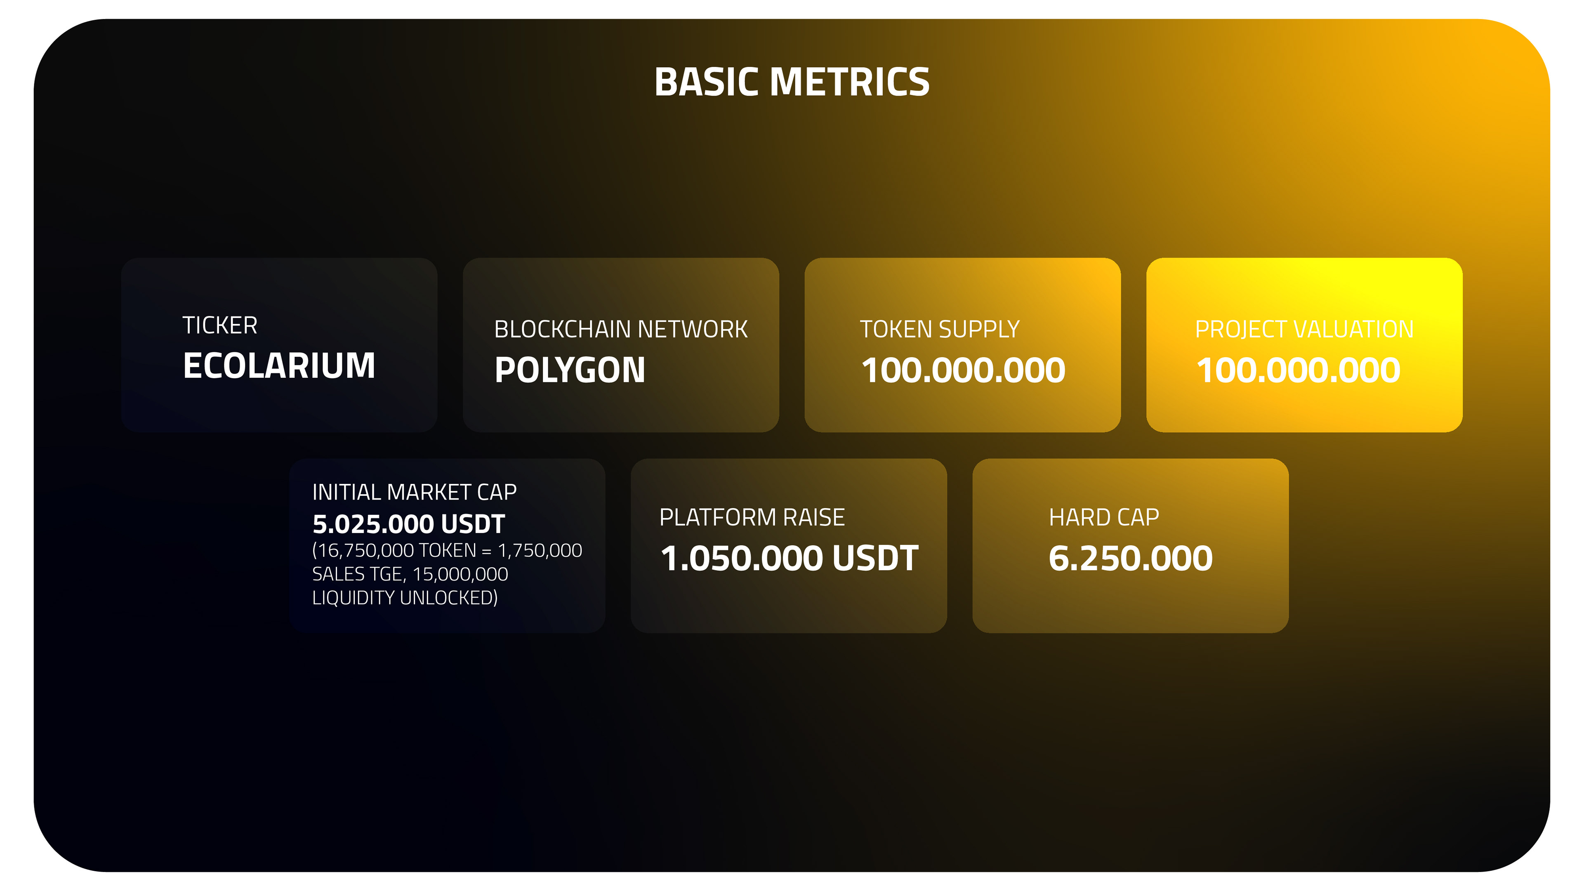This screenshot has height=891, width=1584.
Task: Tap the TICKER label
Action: (219, 325)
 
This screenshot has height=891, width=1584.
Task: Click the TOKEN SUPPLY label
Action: (940, 329)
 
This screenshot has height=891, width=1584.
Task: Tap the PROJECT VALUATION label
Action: (1304, 329)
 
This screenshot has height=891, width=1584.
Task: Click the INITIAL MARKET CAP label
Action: (414, 492)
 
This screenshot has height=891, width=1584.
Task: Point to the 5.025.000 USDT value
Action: (408, 524)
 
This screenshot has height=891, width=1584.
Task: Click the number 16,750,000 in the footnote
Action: (365, 550)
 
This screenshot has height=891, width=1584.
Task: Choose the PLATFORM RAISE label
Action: (752, 517)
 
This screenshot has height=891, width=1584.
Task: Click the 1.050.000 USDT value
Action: (789, 559)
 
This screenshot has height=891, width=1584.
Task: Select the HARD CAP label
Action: (1104, 517)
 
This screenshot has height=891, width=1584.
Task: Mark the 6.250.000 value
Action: (1130, 559)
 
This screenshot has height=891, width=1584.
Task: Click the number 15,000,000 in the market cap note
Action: (460, 574)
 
